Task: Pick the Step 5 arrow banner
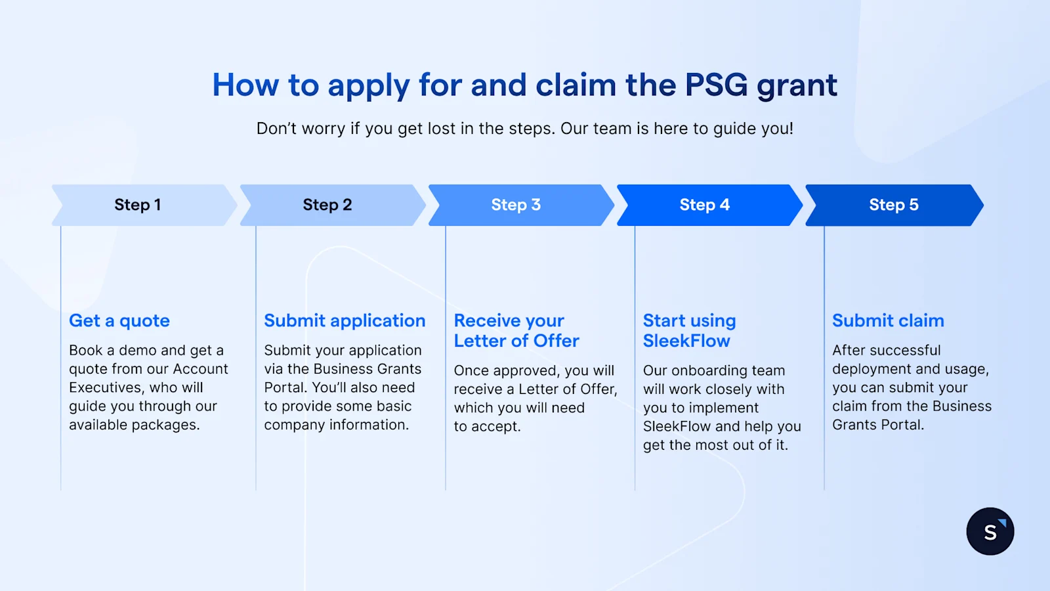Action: click(x=893, y=205)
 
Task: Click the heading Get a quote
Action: click(x=119, y=320)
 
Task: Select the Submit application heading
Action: click(x=345, y=320)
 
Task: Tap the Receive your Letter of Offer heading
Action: click(x=516, y=330)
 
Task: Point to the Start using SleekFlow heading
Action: click(x=689, y=330)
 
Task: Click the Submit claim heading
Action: click(x=888, y=320)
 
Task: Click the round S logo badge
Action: click(x=990, y=531)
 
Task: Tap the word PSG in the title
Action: click(x=716, y=85)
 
